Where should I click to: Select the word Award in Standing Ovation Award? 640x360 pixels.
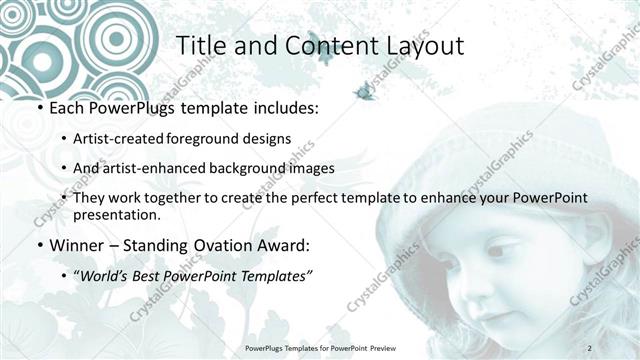(287, 245)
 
